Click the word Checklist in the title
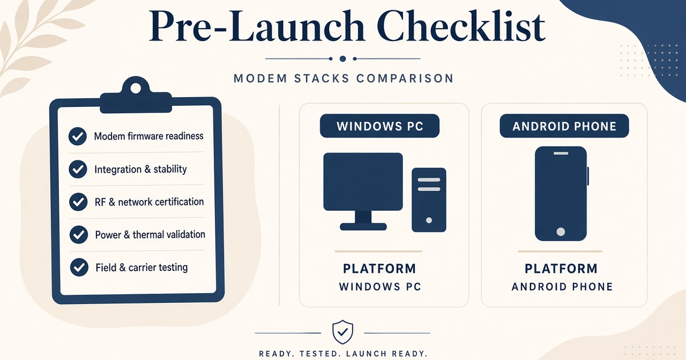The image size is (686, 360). (461, 26)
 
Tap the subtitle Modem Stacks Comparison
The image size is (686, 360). (344, 78)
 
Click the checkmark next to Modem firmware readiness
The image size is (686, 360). (78, 136)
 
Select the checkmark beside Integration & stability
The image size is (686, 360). (78, 169)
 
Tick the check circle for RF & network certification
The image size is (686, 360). (78, 202)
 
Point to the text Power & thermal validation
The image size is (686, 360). (150, 235)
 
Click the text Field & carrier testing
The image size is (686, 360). (142, 267)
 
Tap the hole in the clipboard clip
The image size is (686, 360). (135, 89)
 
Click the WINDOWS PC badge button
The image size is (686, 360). (380, 126)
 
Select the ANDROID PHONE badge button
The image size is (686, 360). (564, 126)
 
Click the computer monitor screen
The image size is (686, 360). (363, 182)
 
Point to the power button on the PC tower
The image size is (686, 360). (429, 220)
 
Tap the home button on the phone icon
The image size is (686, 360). (561, 231)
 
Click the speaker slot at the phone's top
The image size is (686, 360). (561, 153)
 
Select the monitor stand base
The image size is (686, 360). (363, 226)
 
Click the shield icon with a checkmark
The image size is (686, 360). (342, 332)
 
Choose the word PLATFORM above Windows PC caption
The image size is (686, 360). (380, 269)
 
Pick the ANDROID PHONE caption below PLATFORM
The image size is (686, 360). (563, 287)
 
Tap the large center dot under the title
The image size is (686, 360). (343, 59)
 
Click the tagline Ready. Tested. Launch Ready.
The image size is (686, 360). (344, 354)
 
